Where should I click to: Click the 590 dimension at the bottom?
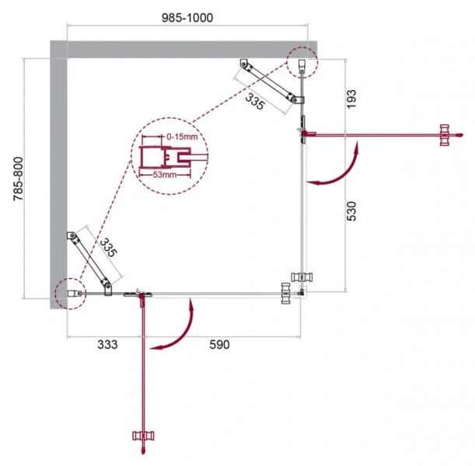pos(220,346)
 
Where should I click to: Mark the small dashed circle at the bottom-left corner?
pos(68,294)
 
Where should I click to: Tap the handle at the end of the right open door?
pos(445,134)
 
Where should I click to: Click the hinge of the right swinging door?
pos(305,134)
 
